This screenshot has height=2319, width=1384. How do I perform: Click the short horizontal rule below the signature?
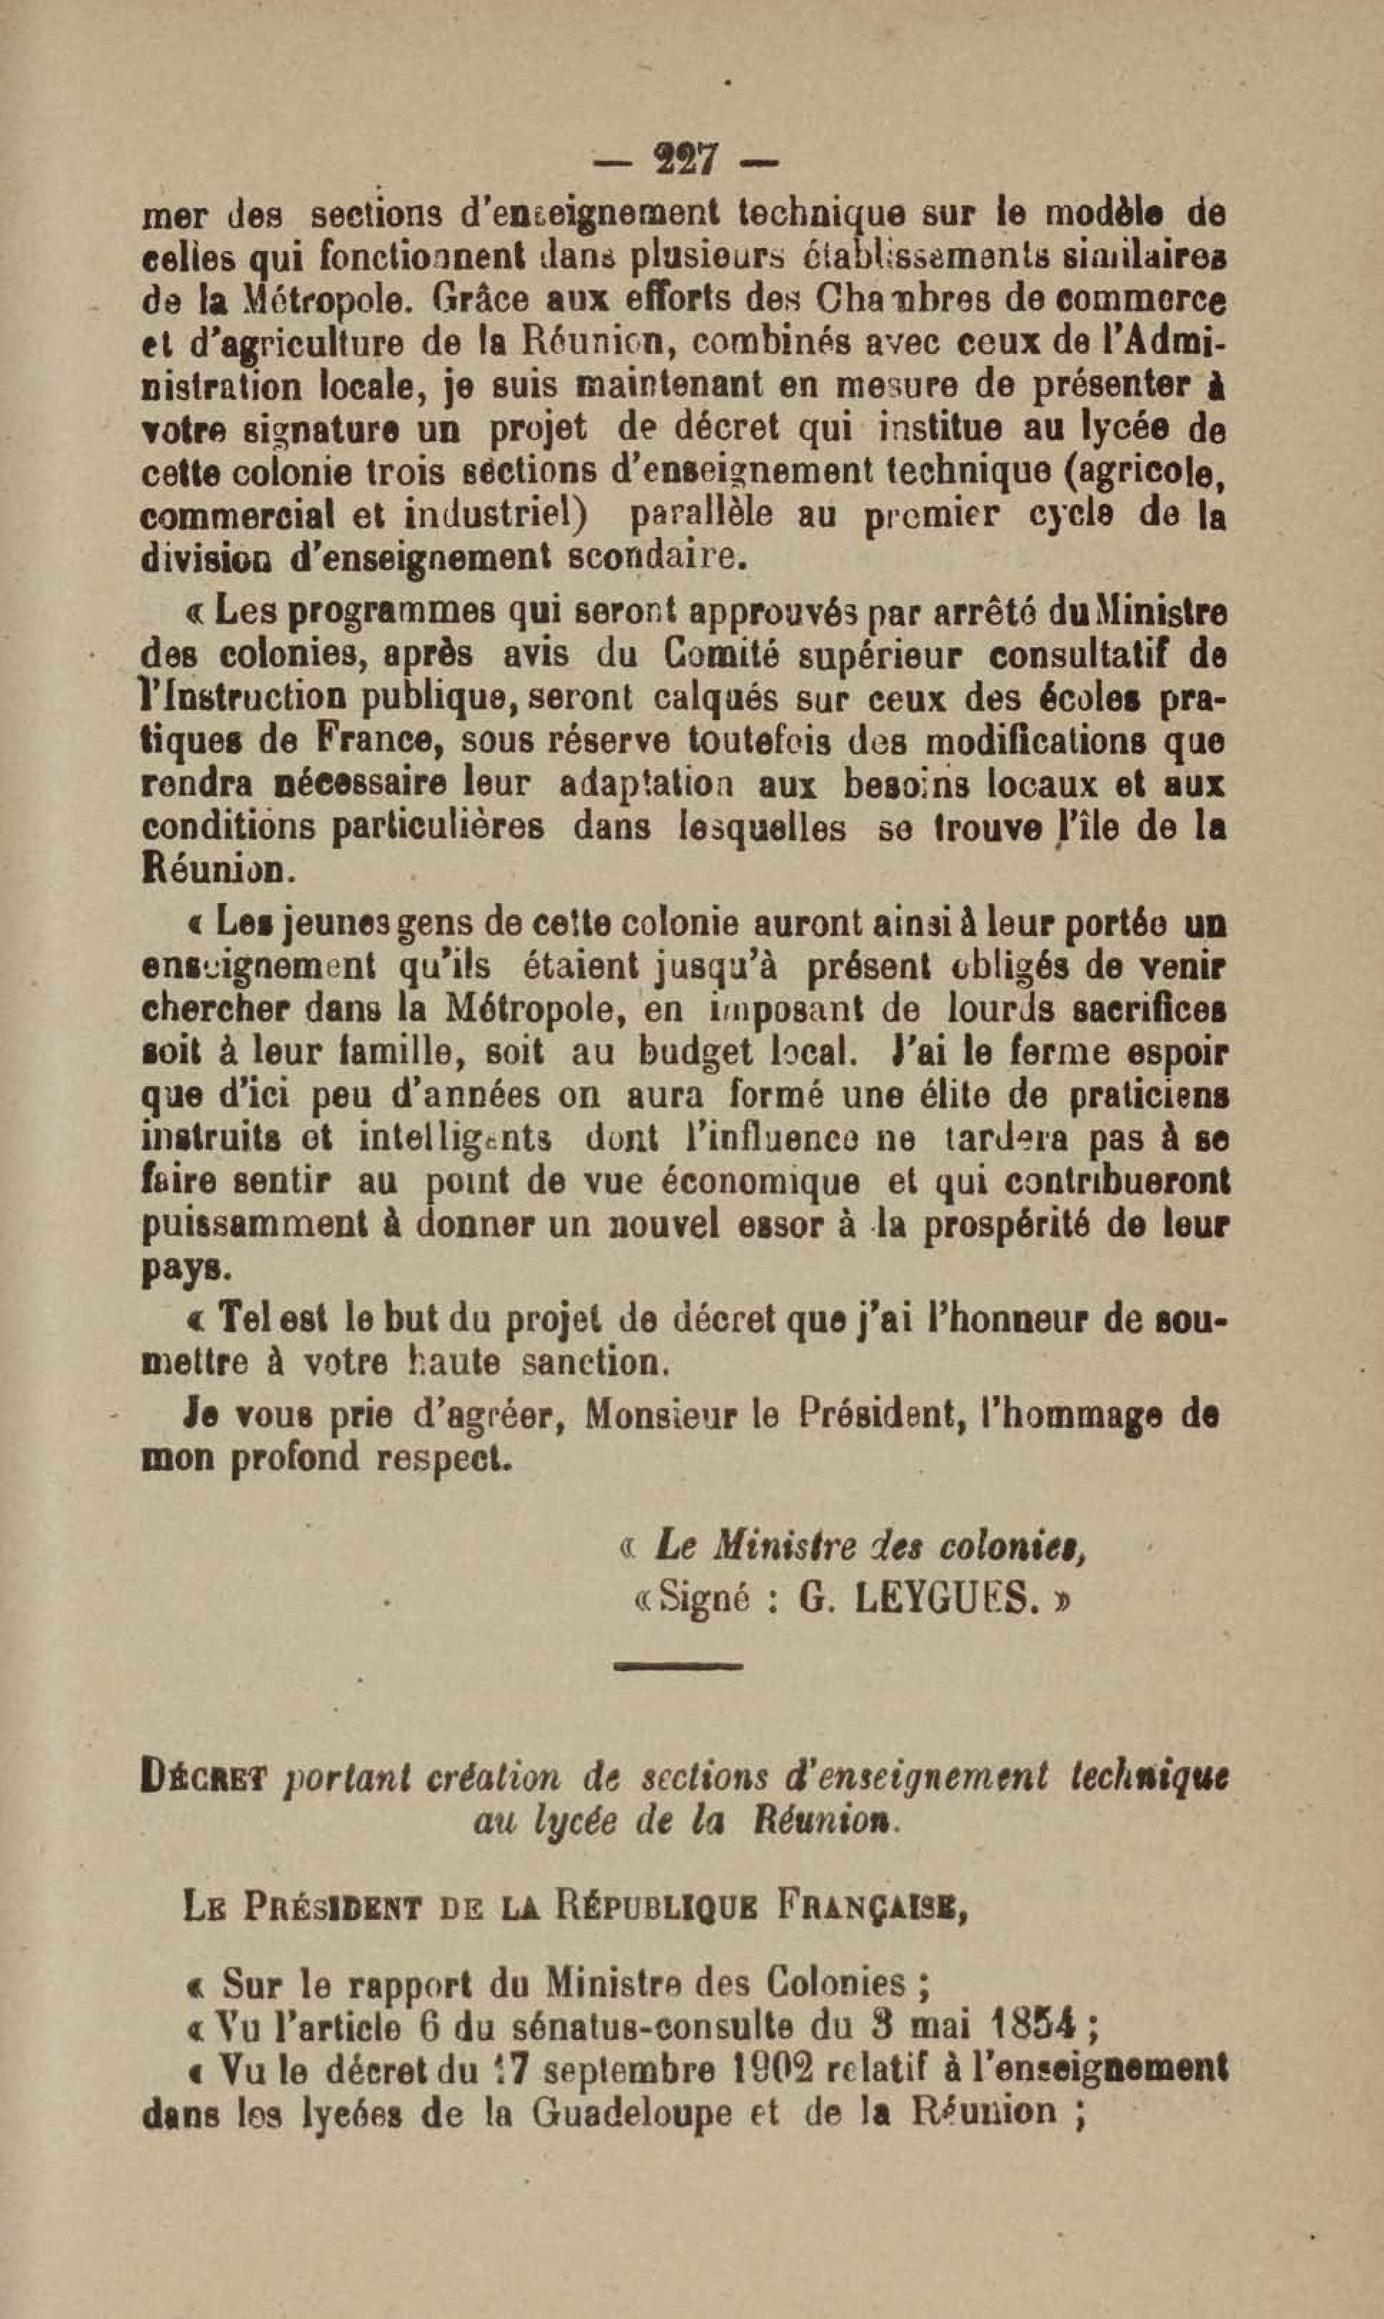[x=679, y=1665]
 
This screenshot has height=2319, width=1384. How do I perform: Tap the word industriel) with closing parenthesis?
[x=506, y=513]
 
